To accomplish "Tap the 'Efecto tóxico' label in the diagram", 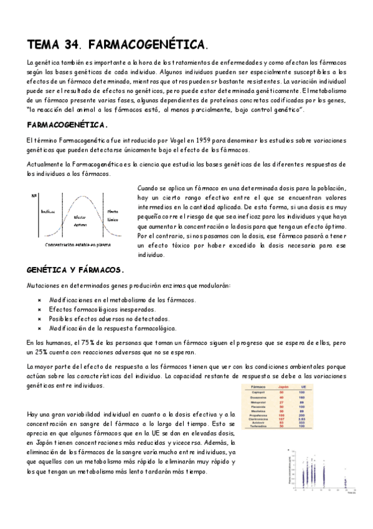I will click(x=113, y=216).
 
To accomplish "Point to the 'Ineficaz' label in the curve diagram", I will click(x=48, y=211).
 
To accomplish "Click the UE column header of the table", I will click(x=303, y=387).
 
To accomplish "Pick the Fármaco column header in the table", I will click(x=258, y=387).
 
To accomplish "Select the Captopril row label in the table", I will click(x=258, y=392).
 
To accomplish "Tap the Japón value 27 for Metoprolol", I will click(x=281, y=402).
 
